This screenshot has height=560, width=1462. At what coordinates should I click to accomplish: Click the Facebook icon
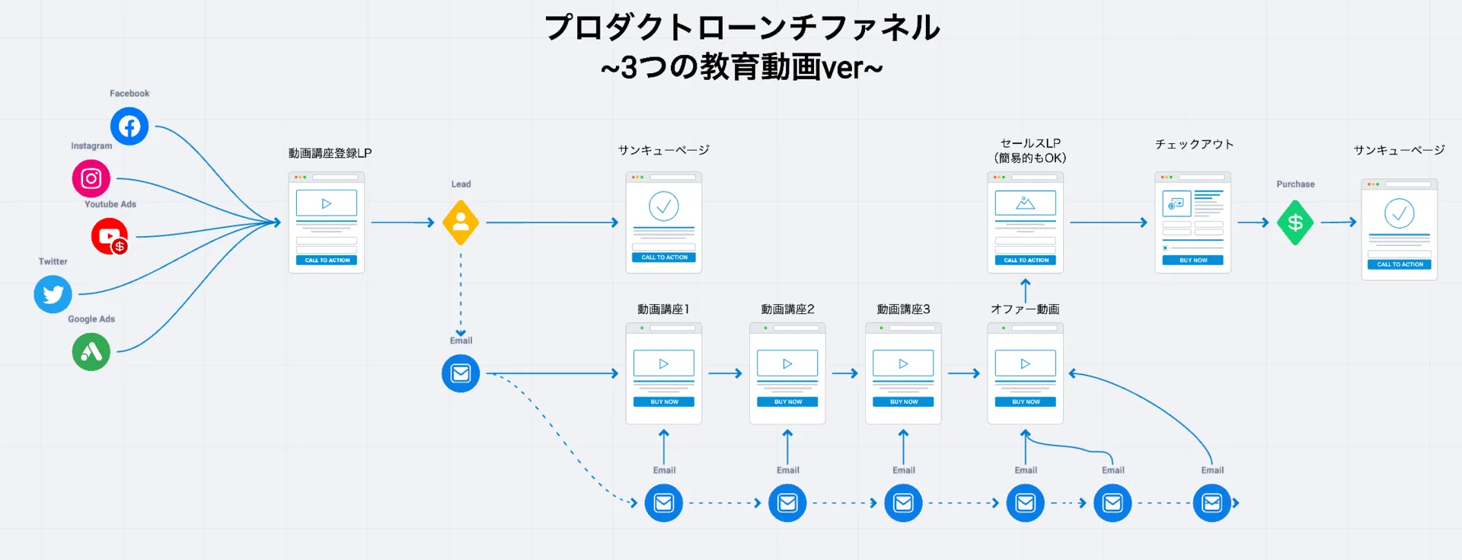coord(129,126)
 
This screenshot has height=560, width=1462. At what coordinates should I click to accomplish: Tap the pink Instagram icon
coord(91,178)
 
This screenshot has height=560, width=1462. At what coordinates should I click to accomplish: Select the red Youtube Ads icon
coord(110,236)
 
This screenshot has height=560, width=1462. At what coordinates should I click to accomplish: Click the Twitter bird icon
coord(53,294)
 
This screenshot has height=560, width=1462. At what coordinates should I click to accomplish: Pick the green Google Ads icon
coord(91,352)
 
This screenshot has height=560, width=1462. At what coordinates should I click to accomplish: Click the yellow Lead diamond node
coord(461,222)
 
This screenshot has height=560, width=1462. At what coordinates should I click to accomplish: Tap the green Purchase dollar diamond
coord(1295,222)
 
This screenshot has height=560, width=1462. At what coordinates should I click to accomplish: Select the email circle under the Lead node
coord(461,373)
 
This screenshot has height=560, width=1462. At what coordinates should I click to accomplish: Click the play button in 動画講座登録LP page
coord(327,203)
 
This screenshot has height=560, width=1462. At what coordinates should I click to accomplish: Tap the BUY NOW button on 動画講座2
coord(787,402)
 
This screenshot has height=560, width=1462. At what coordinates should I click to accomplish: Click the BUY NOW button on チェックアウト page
coord(1192,260)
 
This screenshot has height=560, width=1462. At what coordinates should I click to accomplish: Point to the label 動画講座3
coord(903,309)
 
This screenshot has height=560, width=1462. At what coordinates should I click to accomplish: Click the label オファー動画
coord(1025,309)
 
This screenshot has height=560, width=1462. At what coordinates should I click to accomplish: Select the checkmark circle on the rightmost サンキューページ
coord(1399,213)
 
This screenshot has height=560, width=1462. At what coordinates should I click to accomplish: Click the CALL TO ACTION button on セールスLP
coord(1025,260)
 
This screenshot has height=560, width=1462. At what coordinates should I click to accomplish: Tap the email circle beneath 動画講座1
coord(664,503)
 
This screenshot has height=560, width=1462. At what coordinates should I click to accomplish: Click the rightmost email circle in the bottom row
coord(1211,503)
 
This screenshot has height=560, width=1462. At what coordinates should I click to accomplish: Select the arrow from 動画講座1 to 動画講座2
coord(725,373)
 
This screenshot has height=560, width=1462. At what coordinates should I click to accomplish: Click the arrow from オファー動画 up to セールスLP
coord(1026,290)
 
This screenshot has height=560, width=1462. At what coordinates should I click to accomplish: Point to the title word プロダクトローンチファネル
coord(742,27)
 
